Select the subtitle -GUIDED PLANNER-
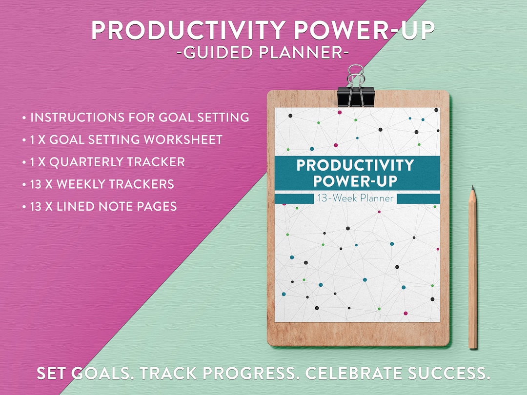(263, 52)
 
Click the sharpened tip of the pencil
(472, 188)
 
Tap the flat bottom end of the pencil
(472, 347)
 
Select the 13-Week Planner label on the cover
(355, 198)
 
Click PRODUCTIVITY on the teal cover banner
(355, 165)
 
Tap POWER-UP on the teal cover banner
(355, 181)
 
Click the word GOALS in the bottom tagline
(101, 374)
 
